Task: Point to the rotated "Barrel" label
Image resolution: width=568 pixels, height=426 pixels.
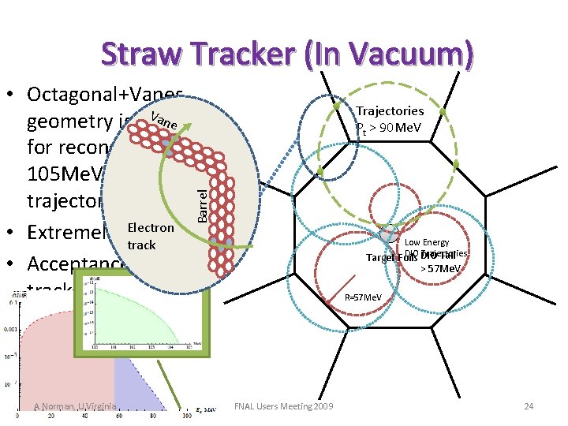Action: pos(203,201)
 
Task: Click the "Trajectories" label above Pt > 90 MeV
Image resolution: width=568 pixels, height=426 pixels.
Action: pos(390,111)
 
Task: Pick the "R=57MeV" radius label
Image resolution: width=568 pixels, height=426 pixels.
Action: pos(364,297)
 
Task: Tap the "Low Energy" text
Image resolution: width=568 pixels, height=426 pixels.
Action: pos(426,243)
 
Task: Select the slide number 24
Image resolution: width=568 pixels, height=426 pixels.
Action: pos(528,405)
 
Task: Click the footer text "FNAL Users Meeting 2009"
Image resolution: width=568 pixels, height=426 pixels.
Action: pos(284,405)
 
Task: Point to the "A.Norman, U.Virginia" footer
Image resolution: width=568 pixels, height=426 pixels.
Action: pos(76,406)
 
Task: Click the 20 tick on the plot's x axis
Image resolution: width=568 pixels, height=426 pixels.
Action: pos(51,415)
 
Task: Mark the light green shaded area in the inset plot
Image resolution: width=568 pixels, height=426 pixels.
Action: pos(142,316)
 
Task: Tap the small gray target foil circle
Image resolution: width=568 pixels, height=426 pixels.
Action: pos(387,234)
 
